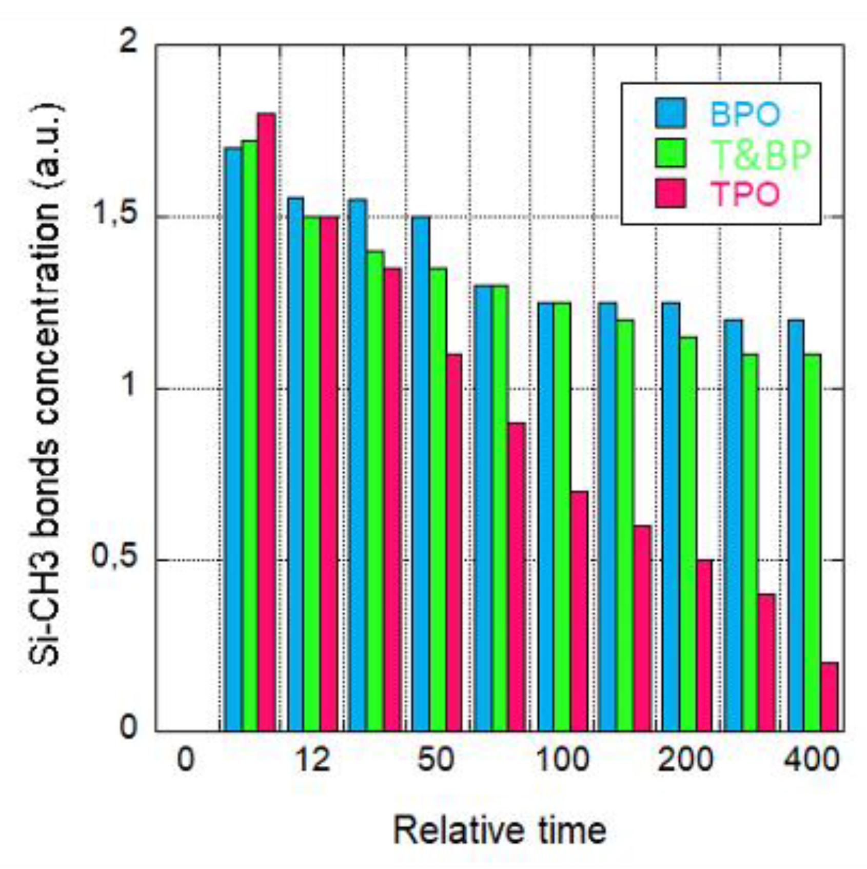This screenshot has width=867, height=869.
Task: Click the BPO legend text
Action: click(x=744, y=114)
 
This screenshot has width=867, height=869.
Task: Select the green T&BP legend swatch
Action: click(x=671, y=153)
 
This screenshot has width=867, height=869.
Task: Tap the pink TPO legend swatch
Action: click(x=671, y=194)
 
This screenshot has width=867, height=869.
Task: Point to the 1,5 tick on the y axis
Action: click(x=116, y=217)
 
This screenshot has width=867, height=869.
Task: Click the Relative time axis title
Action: click(x=499, y=830)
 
